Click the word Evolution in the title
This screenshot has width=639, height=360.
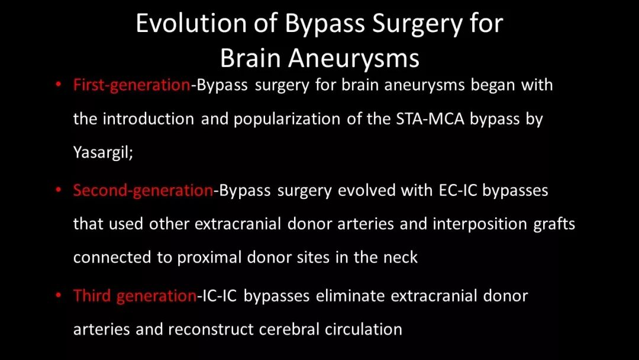191,23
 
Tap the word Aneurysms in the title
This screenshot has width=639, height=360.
354,58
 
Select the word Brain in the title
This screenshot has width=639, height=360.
251,58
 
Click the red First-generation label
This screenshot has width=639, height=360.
131,85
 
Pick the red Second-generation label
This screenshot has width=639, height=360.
143,191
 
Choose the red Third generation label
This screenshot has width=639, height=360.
135,295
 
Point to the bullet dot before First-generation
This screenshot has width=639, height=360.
58,85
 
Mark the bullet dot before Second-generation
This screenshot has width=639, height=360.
58,189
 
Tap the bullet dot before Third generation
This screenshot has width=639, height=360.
58,295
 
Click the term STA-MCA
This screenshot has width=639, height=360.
430,119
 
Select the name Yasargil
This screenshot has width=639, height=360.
102,153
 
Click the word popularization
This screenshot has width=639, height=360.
287,119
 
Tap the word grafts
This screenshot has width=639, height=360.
554,224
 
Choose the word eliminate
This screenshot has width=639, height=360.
350,295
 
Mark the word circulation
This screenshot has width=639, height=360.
363,329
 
